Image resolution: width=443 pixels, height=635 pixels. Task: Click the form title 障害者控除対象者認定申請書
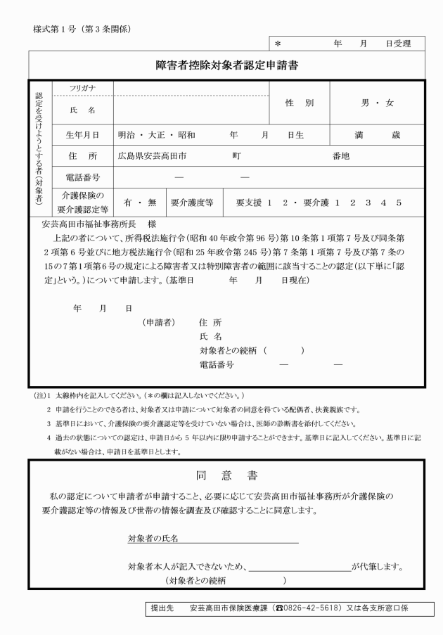(226, 67)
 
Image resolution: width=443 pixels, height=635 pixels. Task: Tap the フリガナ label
(82, 88)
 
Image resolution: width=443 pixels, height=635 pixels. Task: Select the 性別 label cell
(299, 103)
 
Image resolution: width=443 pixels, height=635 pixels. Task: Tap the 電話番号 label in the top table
(82, 177)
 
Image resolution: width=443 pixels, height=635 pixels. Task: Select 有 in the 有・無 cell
(129, 203)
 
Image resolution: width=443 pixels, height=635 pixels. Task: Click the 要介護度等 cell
(192, 203)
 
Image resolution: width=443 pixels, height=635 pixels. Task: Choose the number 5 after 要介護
(398, 203)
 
